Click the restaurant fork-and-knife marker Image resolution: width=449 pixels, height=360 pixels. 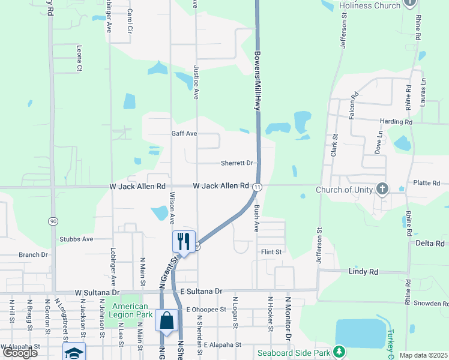tap(184, 242)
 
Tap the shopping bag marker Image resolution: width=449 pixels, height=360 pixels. tap(167, 320)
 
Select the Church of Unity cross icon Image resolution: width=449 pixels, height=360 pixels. tap(382, 190)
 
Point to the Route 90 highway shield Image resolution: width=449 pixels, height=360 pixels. tap(53, 221)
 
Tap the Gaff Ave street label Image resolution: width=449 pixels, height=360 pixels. tap(184, 134)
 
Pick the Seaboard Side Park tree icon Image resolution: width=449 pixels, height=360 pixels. tap(339, 351)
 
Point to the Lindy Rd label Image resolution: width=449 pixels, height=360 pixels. tap(364, 272)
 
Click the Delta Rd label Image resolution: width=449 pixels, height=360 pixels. tap(430, 243)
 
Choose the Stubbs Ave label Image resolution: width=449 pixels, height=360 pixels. tap(76, 239)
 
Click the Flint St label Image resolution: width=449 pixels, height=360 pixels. tap(271, 252)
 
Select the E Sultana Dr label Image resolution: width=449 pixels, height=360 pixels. tap(201, 291)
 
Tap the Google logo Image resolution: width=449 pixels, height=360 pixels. tap(20, 353)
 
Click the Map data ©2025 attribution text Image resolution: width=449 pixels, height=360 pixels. tap(423, 355)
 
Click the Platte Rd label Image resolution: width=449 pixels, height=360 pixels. tap(427, 183)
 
